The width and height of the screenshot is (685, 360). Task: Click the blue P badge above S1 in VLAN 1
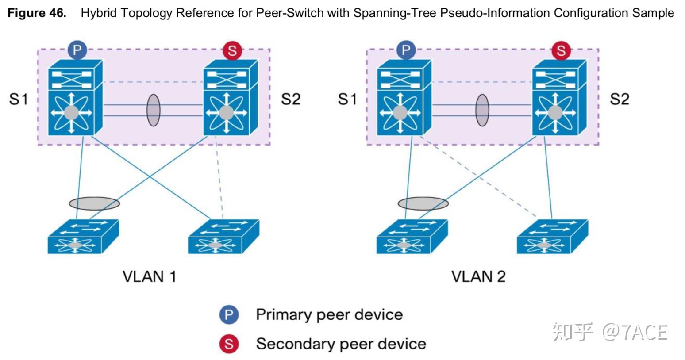(x=77, y=50)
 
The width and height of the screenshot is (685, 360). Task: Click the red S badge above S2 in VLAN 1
(x=232, y=51)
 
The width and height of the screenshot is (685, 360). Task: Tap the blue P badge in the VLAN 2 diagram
(x=406, y=50)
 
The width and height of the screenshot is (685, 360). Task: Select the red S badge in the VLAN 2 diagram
(x=561, y=51)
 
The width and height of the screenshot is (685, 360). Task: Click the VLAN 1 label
(x=149, y=277)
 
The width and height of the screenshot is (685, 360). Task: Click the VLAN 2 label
(x=478, y=277)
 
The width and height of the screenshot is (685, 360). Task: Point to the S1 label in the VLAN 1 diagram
(x=19, y=99)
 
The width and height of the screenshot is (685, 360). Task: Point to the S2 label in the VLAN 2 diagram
(x=619, y=99)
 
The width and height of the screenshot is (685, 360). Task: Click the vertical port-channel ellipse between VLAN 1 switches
(x=153, y=110)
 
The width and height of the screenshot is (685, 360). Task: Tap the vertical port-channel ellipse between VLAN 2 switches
(x=482, y=110)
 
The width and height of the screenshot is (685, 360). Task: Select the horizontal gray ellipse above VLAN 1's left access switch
(x=94, y=203)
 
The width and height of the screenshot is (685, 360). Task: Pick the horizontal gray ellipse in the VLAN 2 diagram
(x=423, y=203)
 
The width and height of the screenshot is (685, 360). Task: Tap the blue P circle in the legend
(x=229, y=315)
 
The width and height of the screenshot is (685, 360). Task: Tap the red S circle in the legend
(x=229, y=344)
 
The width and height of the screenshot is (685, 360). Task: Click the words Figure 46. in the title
(x=37, y=13)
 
